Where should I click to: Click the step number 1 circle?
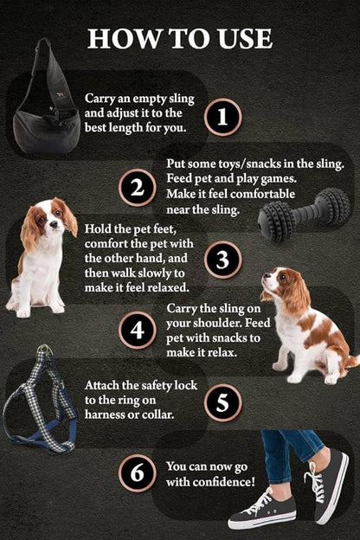[222, 116]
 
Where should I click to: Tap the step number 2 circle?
[137, 188]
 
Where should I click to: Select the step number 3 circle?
[222, 260]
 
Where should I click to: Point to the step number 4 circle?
[137, 331]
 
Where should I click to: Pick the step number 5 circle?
[222, 402]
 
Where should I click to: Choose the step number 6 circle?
[137, 472]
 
